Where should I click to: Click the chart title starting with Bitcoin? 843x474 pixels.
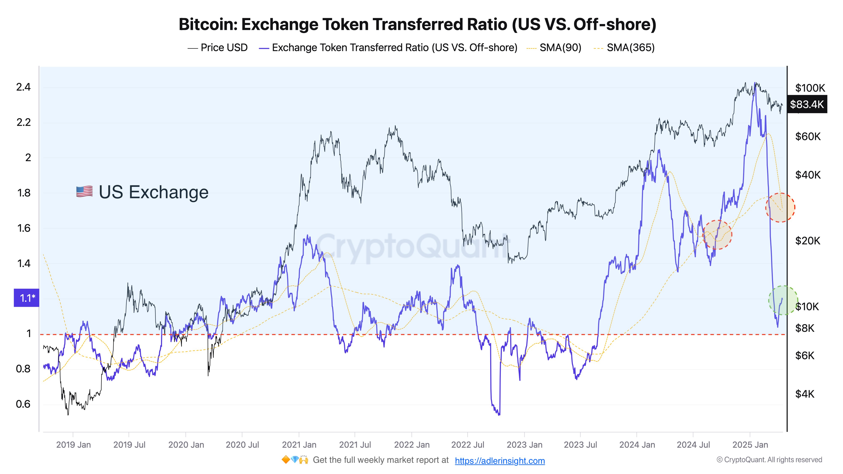(417, 24)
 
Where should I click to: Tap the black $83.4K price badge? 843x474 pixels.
(807, 104)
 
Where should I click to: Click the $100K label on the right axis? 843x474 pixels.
(810, 88)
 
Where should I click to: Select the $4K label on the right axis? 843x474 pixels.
(804, 394)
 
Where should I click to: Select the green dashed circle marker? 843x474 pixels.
(783, 300)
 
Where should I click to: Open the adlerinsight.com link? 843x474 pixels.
(500, 461)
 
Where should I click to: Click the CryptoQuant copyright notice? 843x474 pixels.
(769, 460)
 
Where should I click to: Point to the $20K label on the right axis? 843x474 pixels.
(808, 241)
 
